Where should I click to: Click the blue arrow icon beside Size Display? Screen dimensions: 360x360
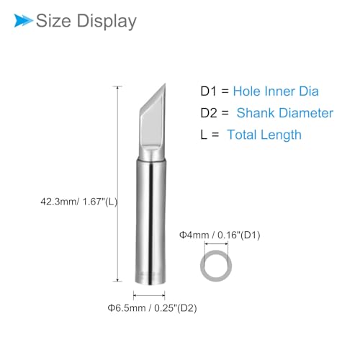coord(23,20)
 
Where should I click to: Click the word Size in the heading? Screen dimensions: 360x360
coord(53,21)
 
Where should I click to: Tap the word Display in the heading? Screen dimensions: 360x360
coord(107,22)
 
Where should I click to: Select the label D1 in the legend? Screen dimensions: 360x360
coord(208,91)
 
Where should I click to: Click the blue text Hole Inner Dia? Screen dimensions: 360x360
coord(276,91)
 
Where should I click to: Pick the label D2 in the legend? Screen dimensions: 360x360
coord(209,113)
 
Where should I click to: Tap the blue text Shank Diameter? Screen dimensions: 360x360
coord(285,113)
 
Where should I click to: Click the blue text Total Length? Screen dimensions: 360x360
coord(264,135)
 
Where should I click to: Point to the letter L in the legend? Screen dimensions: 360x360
coord(204,135)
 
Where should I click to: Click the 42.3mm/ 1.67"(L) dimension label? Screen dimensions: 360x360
coord(79,202)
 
